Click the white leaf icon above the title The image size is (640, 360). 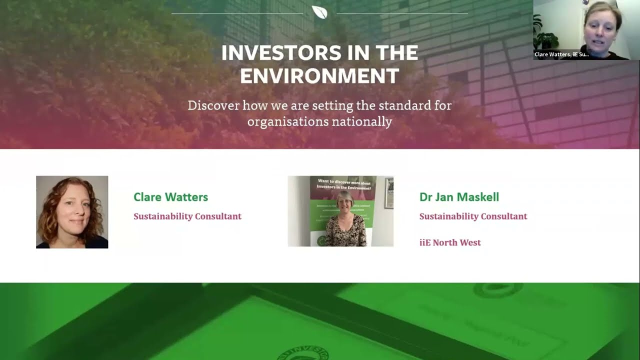[319, 12]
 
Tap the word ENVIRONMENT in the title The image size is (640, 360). [319, 76]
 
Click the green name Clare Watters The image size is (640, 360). [170, 197]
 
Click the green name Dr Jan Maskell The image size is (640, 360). [459, 197]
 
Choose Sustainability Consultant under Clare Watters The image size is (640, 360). [187, 216]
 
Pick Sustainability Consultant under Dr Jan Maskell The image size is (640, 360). [473, 216]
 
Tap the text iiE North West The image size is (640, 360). [450, 242]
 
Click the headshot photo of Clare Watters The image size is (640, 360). [72, 212]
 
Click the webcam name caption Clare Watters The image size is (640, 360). [561, 54]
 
